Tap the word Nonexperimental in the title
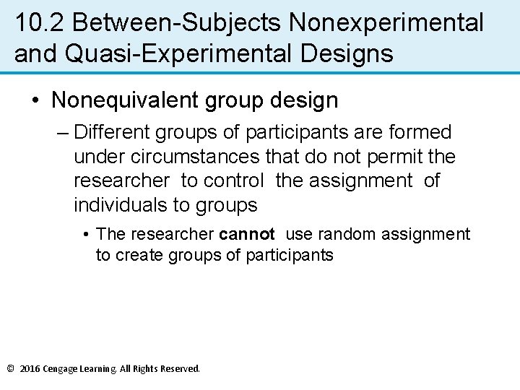point(386,23)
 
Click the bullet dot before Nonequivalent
point(36,100)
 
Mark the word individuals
point(120,205)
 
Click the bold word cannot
point(247,234)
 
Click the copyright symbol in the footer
point(10,369)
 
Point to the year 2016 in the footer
point(30,369)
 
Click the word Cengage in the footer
point(61,369)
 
